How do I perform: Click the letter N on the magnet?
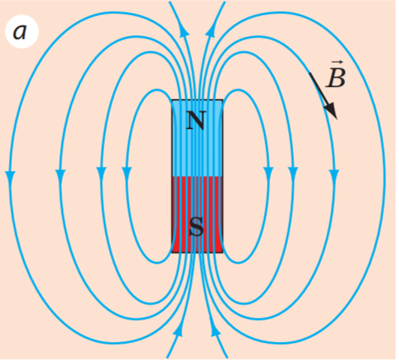pos(196,121)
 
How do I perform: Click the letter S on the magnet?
pos(196,226)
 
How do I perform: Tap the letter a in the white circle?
pos(19,32)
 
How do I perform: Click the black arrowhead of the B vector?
pos(331,111)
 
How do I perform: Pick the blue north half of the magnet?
pos(197,138)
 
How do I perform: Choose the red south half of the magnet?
pos(197,214)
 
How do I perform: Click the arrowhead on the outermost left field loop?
pos(10,177)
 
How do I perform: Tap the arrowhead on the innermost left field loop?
pos(127,173)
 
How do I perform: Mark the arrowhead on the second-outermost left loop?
pos(60,175)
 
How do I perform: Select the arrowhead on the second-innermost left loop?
pos(101,173)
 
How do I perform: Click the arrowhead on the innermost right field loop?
pos(268,173)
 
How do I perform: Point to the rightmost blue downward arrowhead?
pos(334,175)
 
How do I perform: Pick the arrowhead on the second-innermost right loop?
pos(293,173)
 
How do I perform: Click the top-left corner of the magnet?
pos(172,100)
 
